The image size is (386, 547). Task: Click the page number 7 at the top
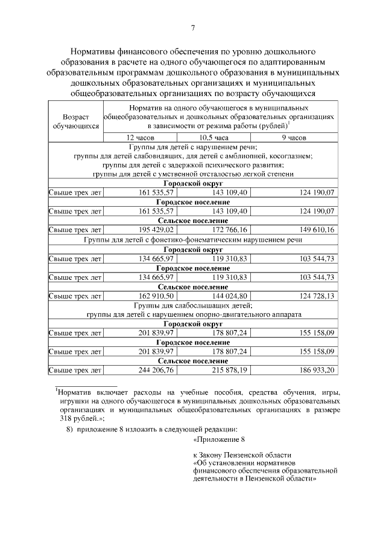pyautogui.click(x=193, y=28)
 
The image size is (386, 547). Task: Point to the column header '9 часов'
pyautogui.click(x=294, y=138)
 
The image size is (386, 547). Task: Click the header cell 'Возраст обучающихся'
pyautogui.click(x=75, y=121)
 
